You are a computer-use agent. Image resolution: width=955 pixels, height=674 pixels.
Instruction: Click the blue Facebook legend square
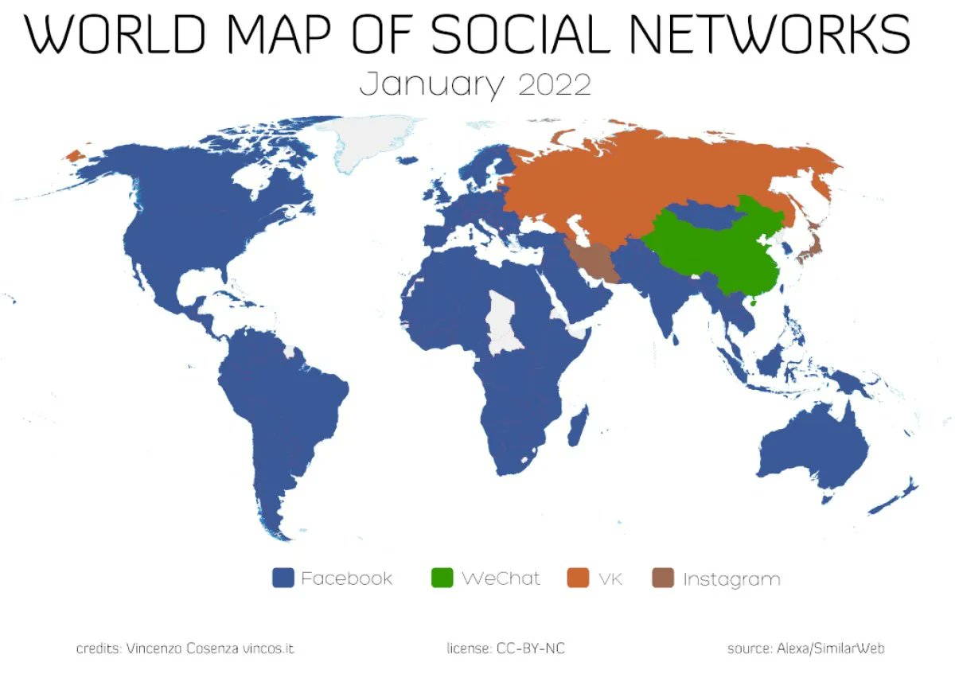point(283,579)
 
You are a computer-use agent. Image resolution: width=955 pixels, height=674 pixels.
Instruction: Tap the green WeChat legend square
point(442,579)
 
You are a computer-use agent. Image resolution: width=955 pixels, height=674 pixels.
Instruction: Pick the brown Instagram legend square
point(663,579)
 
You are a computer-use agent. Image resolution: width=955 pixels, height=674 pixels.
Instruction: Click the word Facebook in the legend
point(346,579)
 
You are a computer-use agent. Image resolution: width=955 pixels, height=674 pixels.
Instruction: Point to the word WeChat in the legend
point(501,579)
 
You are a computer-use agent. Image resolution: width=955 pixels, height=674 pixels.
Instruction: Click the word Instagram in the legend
point(731,579)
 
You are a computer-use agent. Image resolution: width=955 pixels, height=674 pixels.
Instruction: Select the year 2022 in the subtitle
point(555,84)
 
